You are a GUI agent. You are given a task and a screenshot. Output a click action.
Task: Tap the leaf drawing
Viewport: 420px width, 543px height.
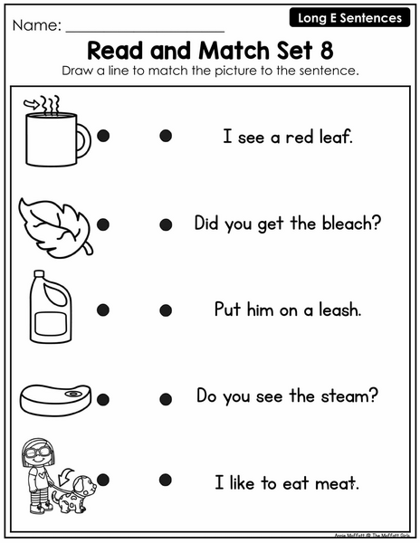tap(55, 227)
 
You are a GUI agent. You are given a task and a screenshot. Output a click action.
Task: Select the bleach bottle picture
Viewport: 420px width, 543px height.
tap(51, 307)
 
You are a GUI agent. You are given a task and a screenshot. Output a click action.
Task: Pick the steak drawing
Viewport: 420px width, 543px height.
tap(55, 400)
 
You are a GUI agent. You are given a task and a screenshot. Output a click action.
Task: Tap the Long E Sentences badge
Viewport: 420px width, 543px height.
tap(349, 18)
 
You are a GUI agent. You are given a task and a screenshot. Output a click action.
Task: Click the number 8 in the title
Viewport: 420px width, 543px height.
tap(327, 51)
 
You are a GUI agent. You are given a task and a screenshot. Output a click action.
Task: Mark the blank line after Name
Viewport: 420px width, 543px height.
tap(145, 32)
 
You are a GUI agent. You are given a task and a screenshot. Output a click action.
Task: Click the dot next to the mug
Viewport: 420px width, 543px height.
tap(103, 136)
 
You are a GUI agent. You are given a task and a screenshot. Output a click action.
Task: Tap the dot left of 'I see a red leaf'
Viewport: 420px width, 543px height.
tap(166, 136)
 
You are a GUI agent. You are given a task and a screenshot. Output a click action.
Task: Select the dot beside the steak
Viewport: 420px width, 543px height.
tap(103, 399)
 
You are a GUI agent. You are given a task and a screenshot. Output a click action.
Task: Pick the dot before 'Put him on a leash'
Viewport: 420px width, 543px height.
tap(166, 310)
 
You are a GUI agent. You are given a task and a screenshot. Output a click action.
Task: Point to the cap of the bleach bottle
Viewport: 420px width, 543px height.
tap(40, 274)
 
